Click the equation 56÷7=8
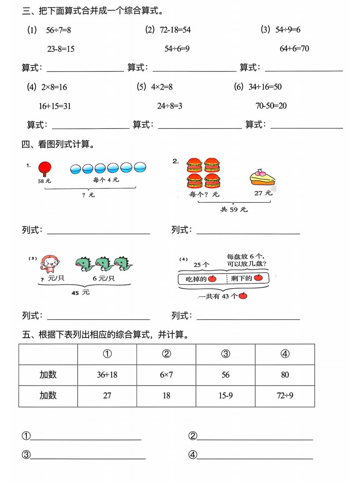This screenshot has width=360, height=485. [x=58, y=30]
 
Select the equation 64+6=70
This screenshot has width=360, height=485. [x=294, y=48]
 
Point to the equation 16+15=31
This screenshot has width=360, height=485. [x=55, y=106]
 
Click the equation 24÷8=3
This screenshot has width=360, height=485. [x=170, y=106]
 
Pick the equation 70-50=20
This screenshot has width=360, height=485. [x=271, y=106]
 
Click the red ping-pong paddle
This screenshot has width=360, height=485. [x=44, y=168]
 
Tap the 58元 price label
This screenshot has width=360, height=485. [x=45, y=181]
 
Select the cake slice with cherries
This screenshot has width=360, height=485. [x=263, y=177]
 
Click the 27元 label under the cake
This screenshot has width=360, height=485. [x=263, y=193]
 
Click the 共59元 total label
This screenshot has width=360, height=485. [x=234, y=210]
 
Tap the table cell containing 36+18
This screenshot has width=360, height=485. [x=107, y=375]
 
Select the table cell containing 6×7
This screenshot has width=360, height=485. [x=166, y=375]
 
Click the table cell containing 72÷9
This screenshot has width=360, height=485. [x=285, y=396]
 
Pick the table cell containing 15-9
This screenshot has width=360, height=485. [x=225, y=396]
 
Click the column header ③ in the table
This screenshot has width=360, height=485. [x=225, y=354]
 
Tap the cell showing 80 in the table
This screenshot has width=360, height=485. [x=285, y=375]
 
